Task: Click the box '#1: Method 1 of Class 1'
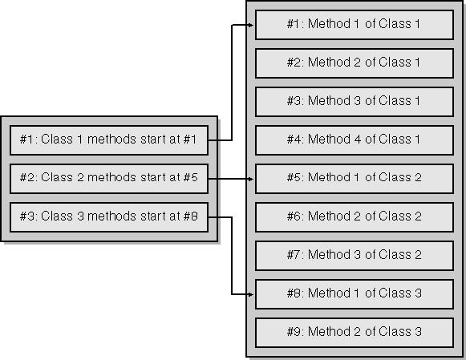pos(355,25)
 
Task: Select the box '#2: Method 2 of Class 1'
pos(355,63)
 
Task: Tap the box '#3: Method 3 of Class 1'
pos(355,102)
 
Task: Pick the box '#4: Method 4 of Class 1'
pos(355,140)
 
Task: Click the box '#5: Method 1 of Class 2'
pos(355,179)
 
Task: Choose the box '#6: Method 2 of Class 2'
pos(355,217)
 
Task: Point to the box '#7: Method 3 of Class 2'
pos(355,256)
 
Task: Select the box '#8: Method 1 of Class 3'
pos(355,294)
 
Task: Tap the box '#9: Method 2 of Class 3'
pos(355,333)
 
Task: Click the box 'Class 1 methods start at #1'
pos(109,140)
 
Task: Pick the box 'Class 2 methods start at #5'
pos(109,179)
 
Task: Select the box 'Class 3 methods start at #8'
pos(109,217)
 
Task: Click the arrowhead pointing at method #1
pos(251,25)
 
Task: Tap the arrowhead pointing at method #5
pos(251,179)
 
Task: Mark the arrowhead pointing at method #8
pos(251,294)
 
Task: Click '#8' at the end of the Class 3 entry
pos(191,216)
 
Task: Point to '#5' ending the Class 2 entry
pos(191,177)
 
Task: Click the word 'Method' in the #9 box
pos(329,331)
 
